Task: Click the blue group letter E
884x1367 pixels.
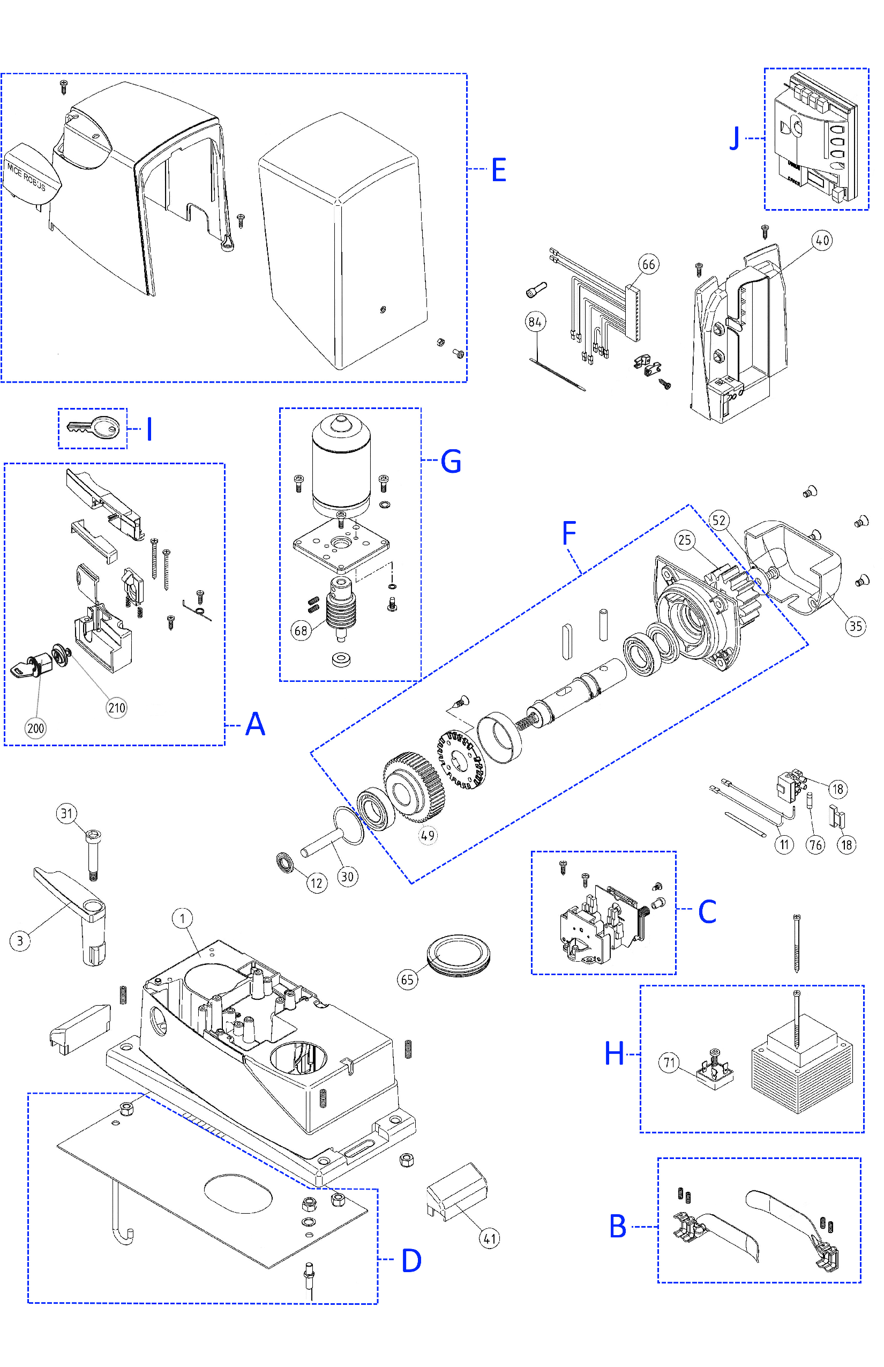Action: point(498,170)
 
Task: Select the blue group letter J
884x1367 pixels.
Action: point(734,138)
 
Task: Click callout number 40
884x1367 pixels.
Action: point(822,240)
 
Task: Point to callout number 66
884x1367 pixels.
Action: point(648,264)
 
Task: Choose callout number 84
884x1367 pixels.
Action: point(535,322)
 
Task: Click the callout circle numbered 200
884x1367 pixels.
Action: point(35,729)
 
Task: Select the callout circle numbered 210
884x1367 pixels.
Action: point(117,708)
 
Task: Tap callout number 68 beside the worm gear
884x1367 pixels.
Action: point(301,630)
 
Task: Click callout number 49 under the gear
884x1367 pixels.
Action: point(428,835)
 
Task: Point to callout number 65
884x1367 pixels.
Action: point(407,979)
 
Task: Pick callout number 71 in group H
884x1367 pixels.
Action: point(669,1063)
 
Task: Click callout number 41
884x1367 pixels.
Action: point(489,1238)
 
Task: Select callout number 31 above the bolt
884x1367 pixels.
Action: point(66,813)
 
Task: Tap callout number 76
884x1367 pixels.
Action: point(815,844)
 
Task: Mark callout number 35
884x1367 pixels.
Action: point(855,626)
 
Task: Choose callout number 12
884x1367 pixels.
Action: point(316,883)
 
